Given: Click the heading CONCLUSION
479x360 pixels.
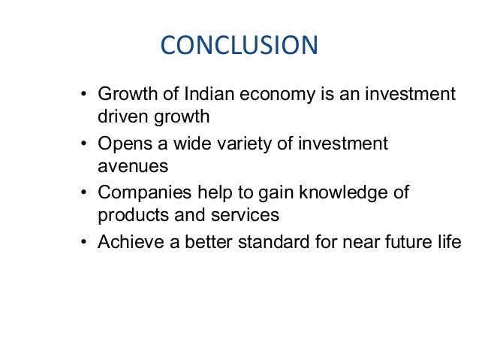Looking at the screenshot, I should tap(239, 46).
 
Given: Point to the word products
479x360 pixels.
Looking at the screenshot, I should tap(129, 214).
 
